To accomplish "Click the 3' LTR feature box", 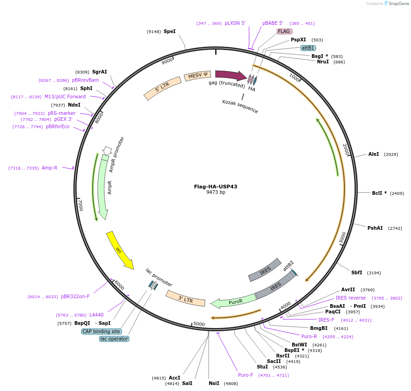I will click(x=185, y=298).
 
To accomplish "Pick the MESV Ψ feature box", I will click(x=198, y=75).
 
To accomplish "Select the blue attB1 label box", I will click(x=308, y=48).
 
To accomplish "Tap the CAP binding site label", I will click(x=101, y=331).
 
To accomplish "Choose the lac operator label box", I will click(x=114, y=339).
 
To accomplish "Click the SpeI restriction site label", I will click(x=170, y=31).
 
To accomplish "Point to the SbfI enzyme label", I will click(x=357, y=272).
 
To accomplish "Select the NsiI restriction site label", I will click(x=214, y=383).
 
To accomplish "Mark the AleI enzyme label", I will click(x=373, y=154).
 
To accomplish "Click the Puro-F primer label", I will click(x=245, y=375).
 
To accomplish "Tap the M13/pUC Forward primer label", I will click(x=65, y=96).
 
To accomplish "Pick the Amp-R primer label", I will click(x=50, y=168).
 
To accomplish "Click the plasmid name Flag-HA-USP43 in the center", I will click(x=216, y=187).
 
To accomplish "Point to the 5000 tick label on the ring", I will click(x=199, y=323).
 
